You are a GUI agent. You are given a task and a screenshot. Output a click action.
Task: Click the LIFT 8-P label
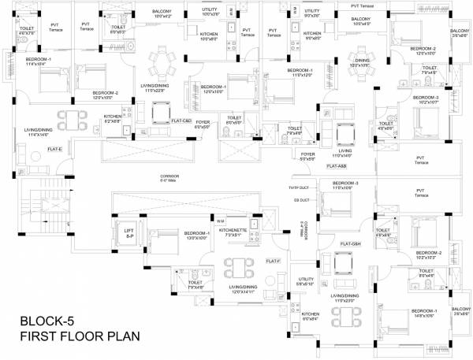(130, 233)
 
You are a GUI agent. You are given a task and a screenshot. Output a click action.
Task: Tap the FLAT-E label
(54, 149)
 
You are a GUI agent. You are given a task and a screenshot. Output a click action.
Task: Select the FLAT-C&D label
(182, 121)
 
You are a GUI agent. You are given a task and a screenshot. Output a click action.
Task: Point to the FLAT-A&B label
(337, 167)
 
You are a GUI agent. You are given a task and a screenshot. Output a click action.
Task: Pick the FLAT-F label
(273, 260)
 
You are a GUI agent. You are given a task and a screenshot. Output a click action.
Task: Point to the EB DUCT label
(300, 201)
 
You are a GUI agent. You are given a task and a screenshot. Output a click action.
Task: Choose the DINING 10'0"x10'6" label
(362, 63)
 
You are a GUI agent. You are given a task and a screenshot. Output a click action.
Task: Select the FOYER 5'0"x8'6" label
(307, 156)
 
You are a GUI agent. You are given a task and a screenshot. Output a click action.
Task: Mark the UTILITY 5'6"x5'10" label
(306, 280)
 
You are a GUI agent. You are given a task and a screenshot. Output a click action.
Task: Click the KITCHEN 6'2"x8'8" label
(113, 119)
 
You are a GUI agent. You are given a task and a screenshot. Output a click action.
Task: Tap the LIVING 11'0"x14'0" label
(344, 154)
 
